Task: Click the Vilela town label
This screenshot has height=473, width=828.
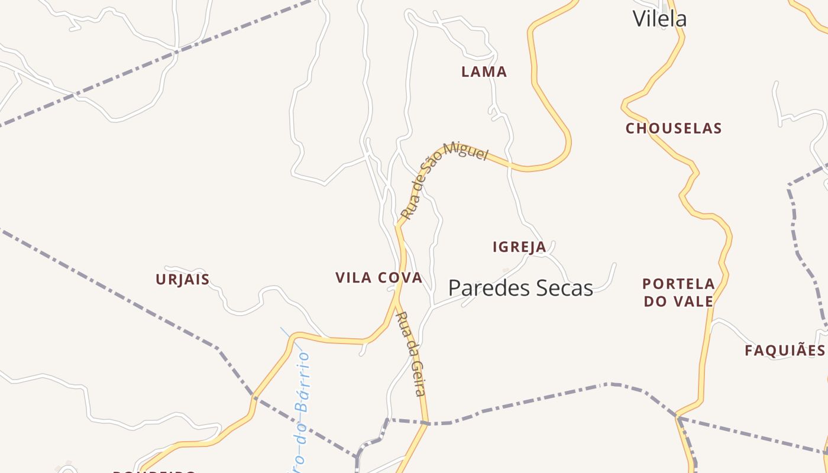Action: pyautogui.click(x=659, y=19)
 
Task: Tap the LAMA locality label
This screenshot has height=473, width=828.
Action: pyautogui.click(x=484, y=72)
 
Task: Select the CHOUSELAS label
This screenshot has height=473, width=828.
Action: pyautogui.click(x=674, y=128)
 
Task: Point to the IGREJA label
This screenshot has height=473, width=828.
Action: pyautogui.click(x=519, y=247)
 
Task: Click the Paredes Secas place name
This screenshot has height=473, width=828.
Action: pyautogui.click(x=520, y=288)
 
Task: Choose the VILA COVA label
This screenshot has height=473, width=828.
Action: pyautogui.click(x=379, y=278)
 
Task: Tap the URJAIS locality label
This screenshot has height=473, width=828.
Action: pyautogui.click(x=183, y=280)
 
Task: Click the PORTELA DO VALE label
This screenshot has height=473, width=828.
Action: pyautogui.click(x=678, y=293)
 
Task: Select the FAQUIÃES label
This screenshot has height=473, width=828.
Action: pyautogui.click(x=784, y=351)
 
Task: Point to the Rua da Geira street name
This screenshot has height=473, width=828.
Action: pyautogui.click(x=412, y=354)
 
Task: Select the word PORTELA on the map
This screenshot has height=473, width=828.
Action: pyautogui.click(x=678, y=284)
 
